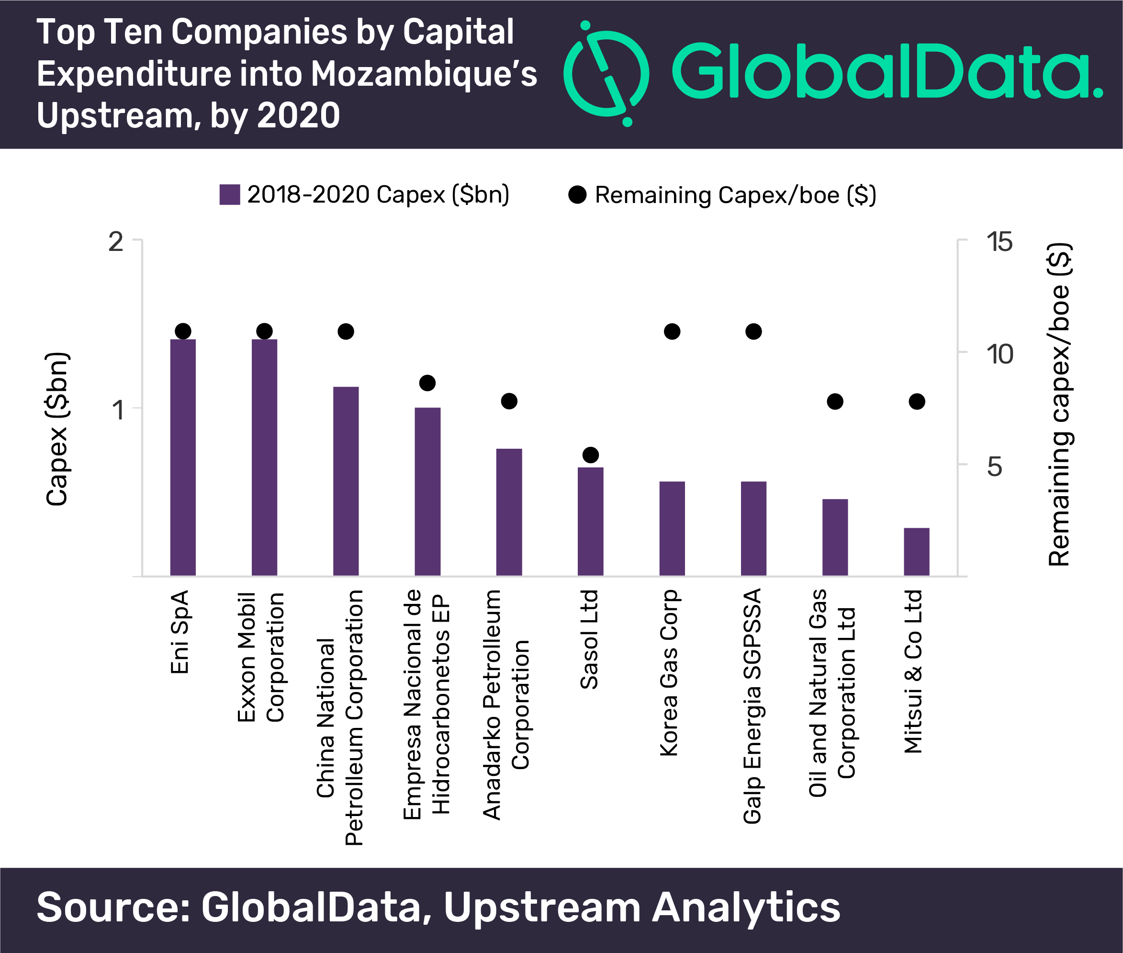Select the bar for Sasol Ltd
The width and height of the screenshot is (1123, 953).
click(x=590, y=522)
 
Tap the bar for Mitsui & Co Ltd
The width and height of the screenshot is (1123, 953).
click(x=916, y=552)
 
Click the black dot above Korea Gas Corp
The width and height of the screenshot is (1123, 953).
click(x=672, y=331)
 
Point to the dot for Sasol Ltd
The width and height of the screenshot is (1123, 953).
click(x=591, y=455)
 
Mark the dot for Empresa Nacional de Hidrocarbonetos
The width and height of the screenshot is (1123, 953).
click(x=427, y=383)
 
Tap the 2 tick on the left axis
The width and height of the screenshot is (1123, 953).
click(x=115, y=241)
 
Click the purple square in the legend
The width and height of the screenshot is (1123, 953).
click(x=229, y=194)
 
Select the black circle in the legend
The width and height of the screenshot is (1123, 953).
click(x=577, y=194)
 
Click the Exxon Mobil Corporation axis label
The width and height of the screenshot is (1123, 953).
click(x=261, y=657)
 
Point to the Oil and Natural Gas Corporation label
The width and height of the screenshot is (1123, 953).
click(x=831, y=692)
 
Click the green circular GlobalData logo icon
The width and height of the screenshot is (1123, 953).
click(x=606, y=73)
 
